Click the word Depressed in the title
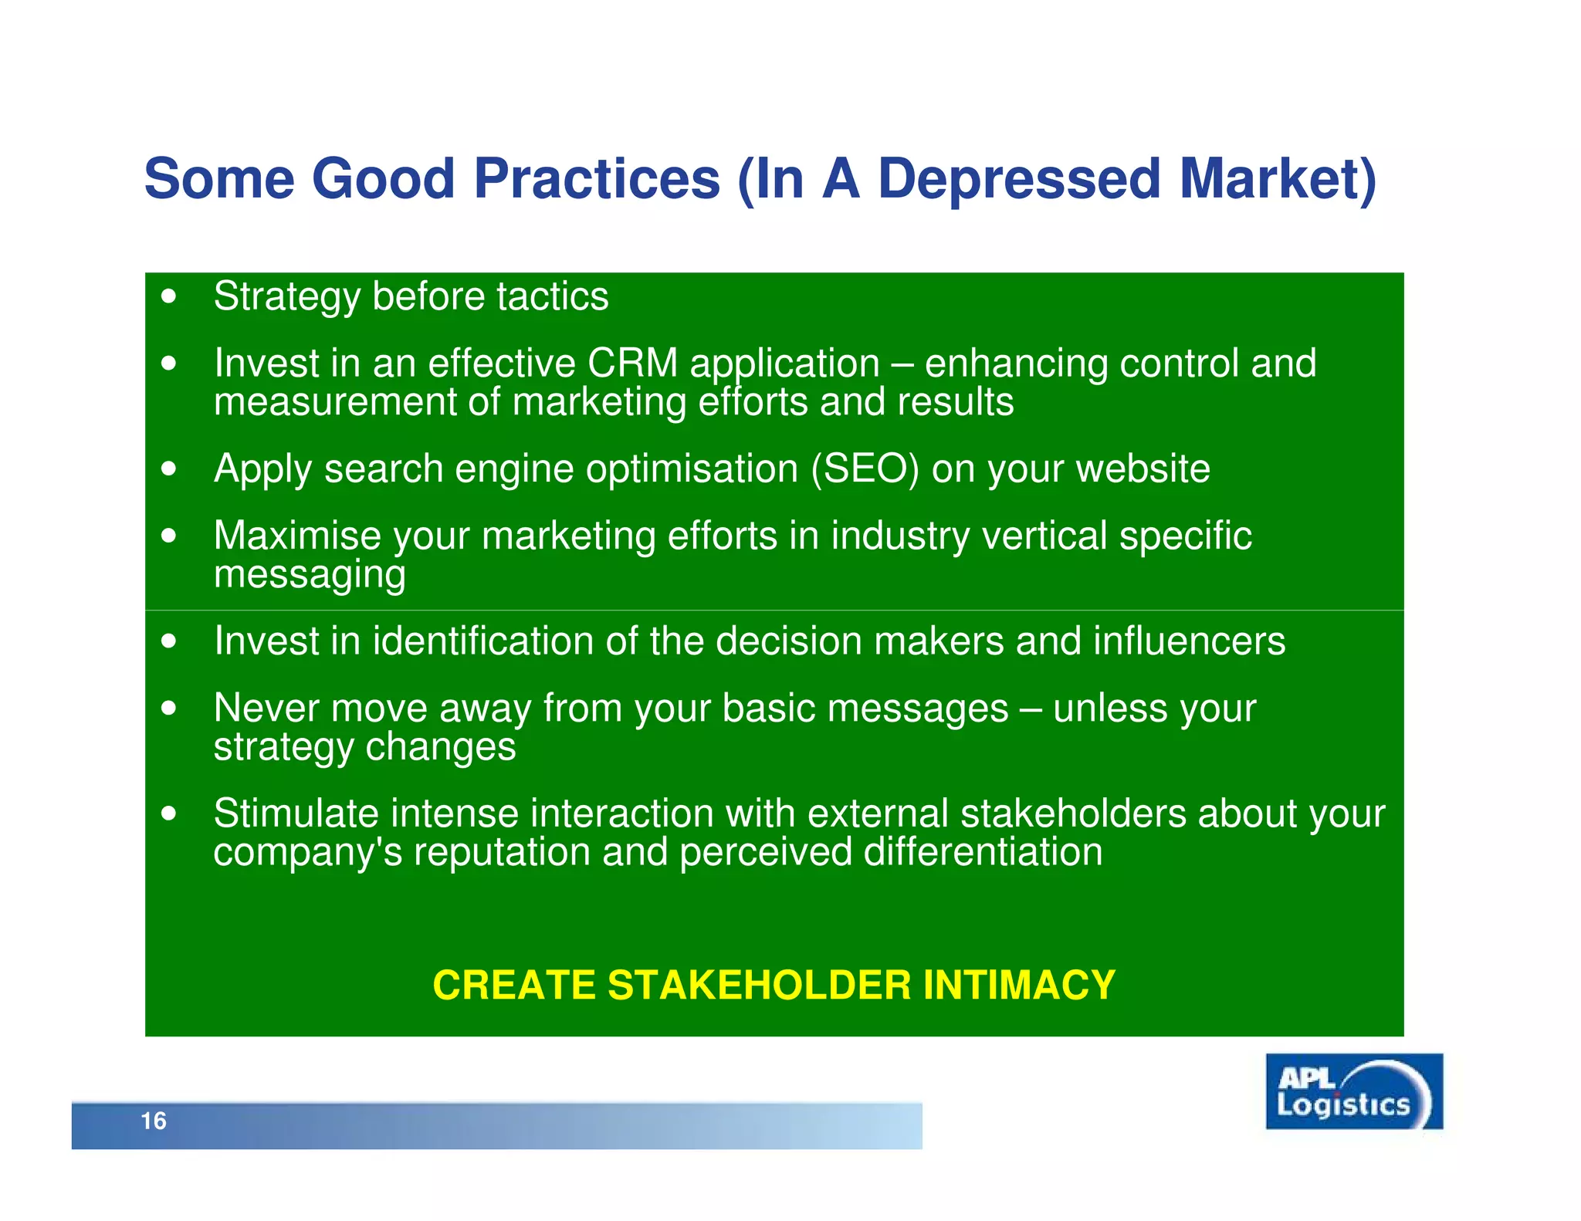(1019, 179)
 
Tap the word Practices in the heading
(596, 179)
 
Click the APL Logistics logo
(1353, 1091)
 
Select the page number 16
(154, 1121)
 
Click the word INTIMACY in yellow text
(1019, 985)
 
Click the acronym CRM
(631, 364)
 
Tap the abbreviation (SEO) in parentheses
(865, 468)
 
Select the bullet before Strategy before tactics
(169, 296)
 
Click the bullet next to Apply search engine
(169, 468)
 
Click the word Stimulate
(296, 813)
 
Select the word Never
(266, 708)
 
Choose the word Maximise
(297, 536)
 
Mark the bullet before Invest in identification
(169, 641)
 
